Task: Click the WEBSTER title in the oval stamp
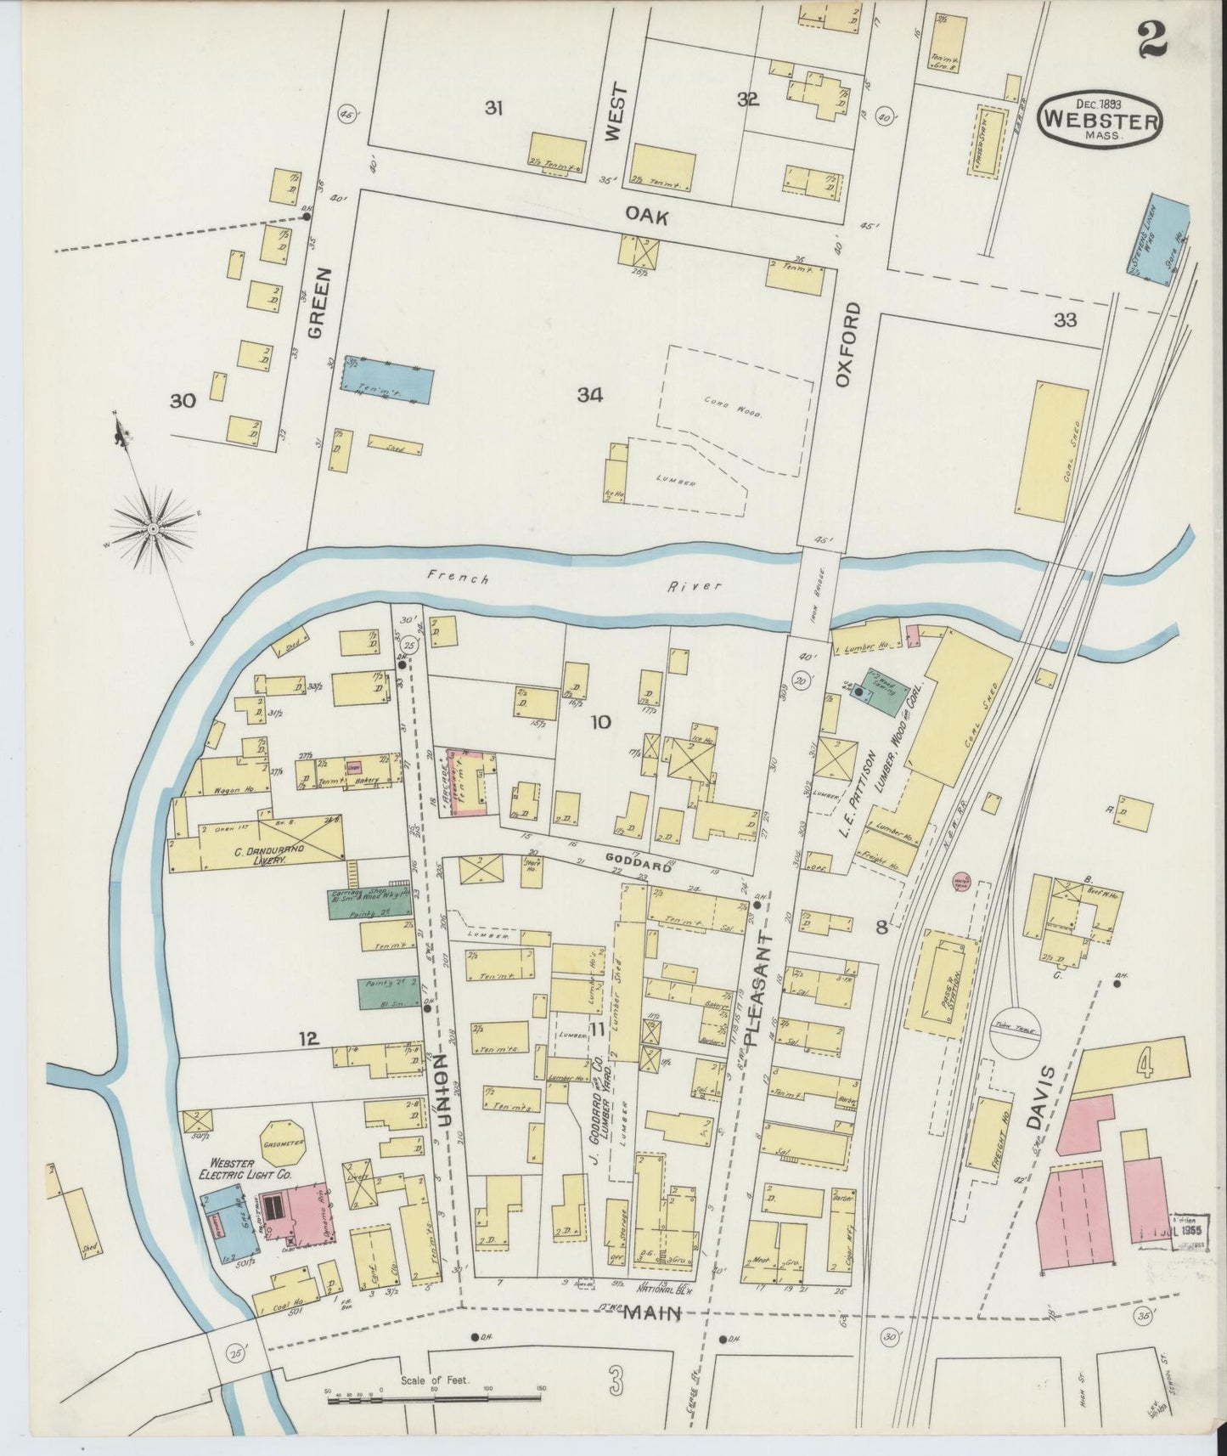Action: tap(1100, 119)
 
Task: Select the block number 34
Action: tap(589, 394)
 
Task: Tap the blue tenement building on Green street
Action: tap(388, 380)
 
